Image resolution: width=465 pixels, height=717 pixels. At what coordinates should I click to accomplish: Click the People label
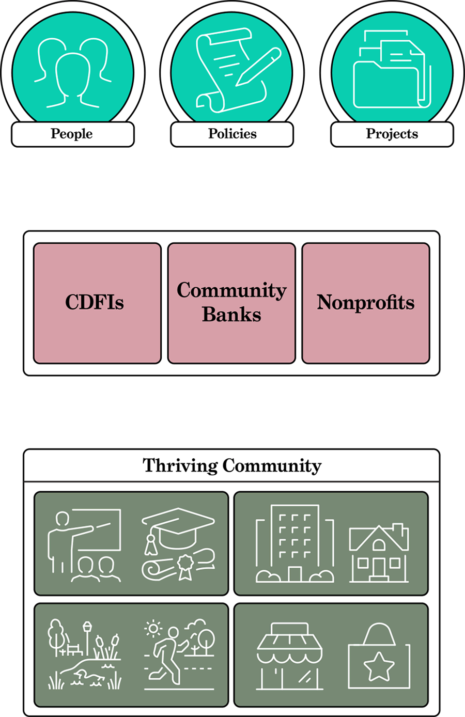(72, 134)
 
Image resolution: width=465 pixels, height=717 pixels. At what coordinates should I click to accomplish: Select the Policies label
(232, 134)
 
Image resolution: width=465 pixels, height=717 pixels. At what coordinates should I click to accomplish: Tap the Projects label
(392, 134)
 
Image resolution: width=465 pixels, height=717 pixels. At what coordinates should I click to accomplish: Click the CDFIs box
(97, 303)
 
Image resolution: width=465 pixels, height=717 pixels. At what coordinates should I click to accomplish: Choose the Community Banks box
(231, 303)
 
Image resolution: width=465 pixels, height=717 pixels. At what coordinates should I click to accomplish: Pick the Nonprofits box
(366, 303)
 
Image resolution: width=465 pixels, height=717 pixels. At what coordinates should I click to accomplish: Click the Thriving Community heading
(232, 466)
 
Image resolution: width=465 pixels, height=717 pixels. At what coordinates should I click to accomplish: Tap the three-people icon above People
(72, 72)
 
